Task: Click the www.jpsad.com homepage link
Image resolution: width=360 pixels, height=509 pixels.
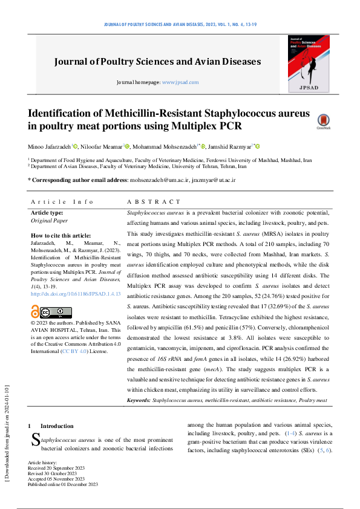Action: tap(180, 82)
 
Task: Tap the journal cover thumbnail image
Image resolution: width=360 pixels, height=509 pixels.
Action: tap(309, 64)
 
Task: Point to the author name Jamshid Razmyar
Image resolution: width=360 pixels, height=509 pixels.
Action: tap(232, 146)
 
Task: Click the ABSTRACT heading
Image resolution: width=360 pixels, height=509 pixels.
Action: tap(154, 202)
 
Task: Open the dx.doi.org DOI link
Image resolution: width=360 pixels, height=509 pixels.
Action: tap(75, 294)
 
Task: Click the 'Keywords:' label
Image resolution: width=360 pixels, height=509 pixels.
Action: tap(139, 400)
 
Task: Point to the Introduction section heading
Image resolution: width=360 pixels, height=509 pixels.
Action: tap(57, 426)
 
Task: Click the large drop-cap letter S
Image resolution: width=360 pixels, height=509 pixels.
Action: tap(35, 441)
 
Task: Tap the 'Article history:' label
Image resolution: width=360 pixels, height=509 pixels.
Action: tap(44, 462)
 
